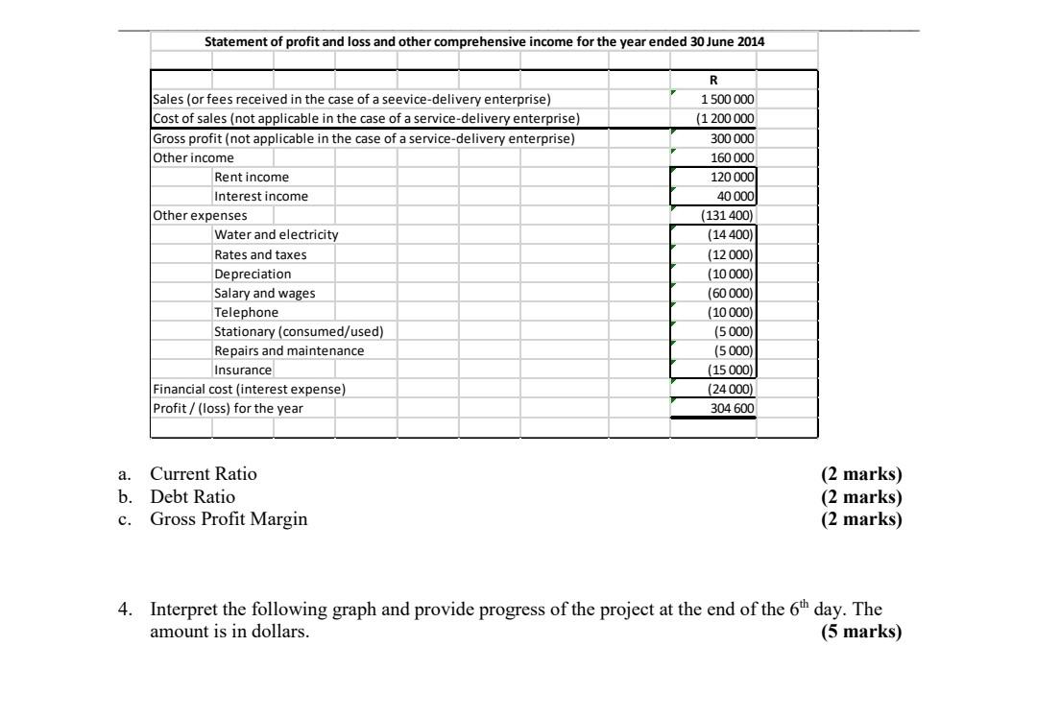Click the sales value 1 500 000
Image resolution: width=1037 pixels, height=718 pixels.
pos(728,99)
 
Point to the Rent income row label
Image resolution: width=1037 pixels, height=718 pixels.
pos(252,177)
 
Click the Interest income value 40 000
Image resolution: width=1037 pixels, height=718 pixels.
pos(736,196)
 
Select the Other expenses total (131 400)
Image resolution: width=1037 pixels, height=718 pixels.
pos(729,216)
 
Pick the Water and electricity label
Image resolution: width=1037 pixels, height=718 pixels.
pos(277,234)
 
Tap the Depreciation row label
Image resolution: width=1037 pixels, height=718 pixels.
pos(253,274)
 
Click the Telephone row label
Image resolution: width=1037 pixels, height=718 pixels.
pos(247,312)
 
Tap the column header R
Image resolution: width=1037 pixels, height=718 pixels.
pos(713,81)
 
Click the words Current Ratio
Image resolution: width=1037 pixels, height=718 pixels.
pos(204,474)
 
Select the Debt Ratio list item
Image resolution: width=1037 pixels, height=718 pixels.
pos(192,497)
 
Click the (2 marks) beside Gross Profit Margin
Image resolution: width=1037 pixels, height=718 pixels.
pos(862,519)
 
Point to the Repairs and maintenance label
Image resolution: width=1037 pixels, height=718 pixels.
pos(289,350)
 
